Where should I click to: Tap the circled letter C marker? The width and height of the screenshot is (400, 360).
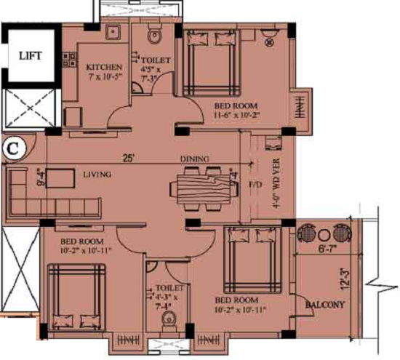point(12,148)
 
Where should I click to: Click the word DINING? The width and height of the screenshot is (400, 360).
point(194,159)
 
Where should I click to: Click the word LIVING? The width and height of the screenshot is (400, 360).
point(97,175)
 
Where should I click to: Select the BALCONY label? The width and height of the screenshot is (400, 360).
point(324,305)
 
